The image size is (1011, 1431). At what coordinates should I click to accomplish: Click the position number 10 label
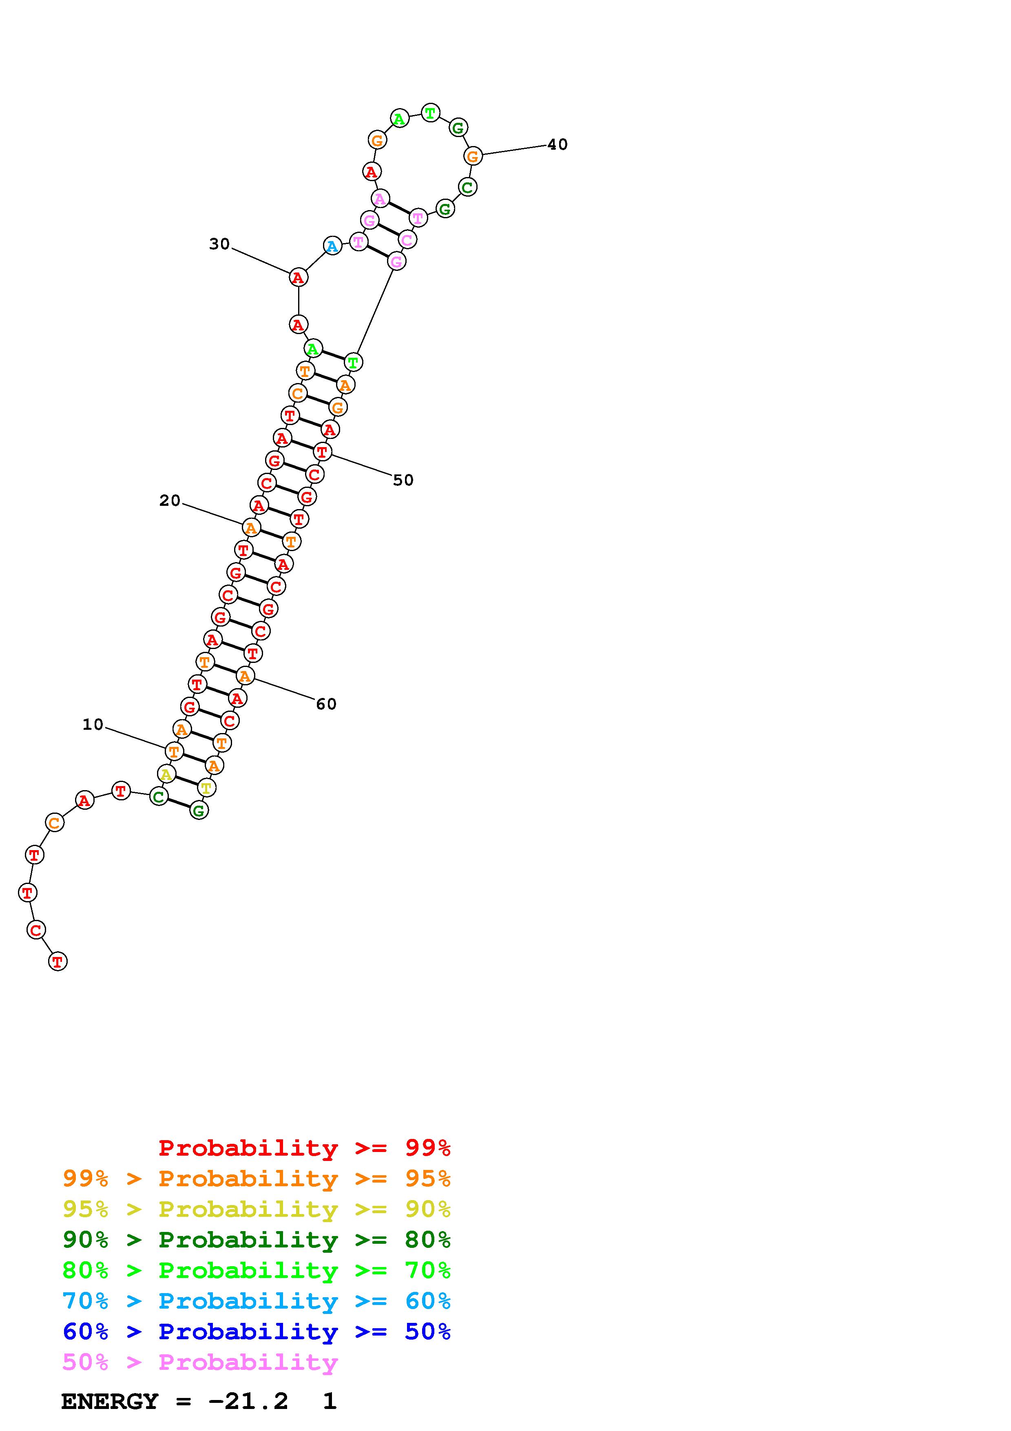coord(93,724)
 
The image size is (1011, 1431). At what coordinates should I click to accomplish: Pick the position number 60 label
coord(326,704)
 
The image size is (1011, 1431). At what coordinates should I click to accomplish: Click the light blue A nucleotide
coord(333,246)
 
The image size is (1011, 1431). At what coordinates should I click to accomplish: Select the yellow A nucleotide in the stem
coord(166,774)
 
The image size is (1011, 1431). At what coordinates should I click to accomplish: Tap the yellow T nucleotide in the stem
coord(206,788)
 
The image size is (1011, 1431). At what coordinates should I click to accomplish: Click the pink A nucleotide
coord(380,199)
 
